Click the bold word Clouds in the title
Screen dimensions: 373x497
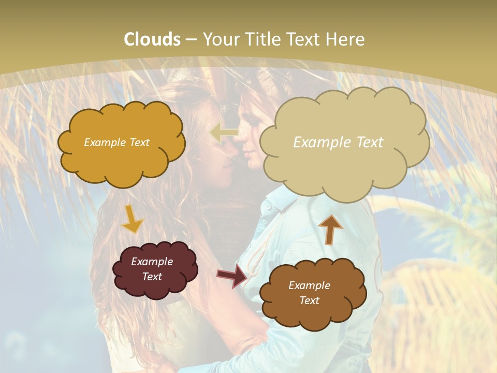point(152,39)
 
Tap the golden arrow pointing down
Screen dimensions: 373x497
point(131,220)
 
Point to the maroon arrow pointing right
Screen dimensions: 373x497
point(232,276)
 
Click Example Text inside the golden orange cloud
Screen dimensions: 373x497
point(116,142)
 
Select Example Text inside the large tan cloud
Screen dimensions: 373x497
point(338,142)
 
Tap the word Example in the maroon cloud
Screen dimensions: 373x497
point(152,262)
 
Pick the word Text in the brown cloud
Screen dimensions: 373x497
point(309,300)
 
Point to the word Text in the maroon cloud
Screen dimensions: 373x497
point(152,277)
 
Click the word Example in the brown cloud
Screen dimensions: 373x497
point(309,285)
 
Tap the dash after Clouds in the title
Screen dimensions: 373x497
point(190,39)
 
